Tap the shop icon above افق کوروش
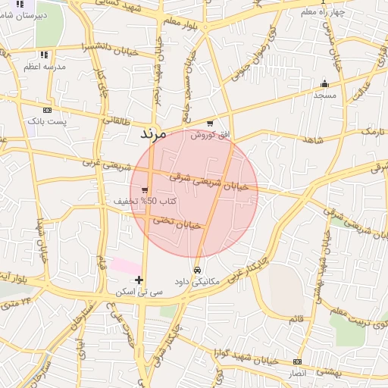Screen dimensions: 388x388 coord(210,124)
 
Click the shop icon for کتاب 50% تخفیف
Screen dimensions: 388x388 coord(144,190)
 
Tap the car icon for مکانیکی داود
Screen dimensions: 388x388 coord(197,270)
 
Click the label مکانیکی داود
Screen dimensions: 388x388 coord(196,281)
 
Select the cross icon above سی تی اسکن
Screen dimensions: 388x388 coord(138,280)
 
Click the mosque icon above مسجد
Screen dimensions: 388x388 coord(325,83)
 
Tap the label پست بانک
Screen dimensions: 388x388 coord(47,121)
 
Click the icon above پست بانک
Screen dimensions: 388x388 coord(47,110)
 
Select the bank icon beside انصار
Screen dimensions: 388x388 coord(297,362)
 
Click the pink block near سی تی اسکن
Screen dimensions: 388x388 coord(124,266)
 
